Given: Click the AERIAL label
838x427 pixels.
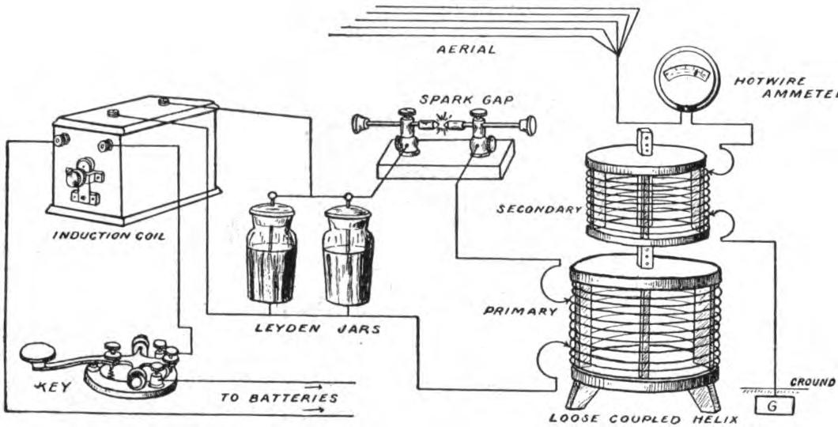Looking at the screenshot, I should coord(466,50).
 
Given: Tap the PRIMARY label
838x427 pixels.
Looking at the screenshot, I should coord(520,311).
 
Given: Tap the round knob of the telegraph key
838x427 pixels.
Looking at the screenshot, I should coord(36,353).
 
